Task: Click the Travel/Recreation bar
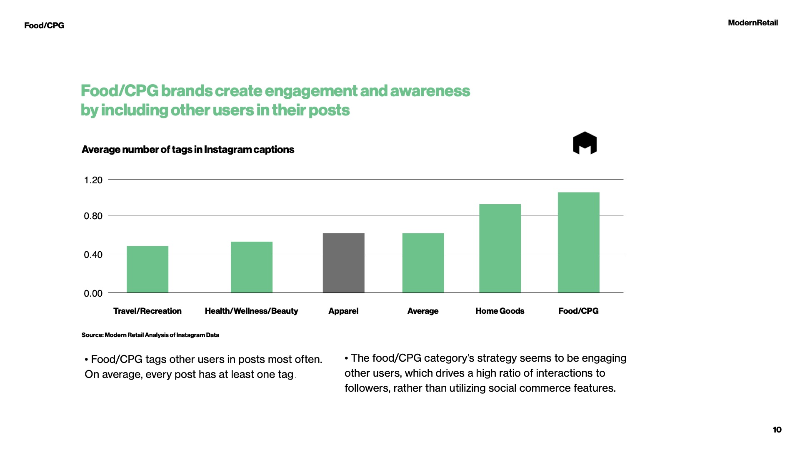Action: coord(147,269)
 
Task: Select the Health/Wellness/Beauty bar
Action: coord(252,267)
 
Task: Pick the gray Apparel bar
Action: coord(343,263)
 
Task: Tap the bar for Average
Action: coord(423,263)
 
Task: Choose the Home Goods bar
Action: coord(500,248)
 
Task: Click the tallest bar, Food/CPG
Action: coord(578,242)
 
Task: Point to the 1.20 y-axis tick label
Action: coord(93,180)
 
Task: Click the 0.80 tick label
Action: coord(93,216)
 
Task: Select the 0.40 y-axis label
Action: coord(93,255)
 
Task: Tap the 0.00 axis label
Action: coord(93,293)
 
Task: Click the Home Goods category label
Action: coord(500,311)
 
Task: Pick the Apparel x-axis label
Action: coord(343,311)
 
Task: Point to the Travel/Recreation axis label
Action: coord(147,311)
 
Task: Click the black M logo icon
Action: coord(585,143)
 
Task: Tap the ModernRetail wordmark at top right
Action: coord(752,23)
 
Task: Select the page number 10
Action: coord(777,430)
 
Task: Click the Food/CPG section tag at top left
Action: coord(44,25)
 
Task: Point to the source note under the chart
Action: coord(150,335)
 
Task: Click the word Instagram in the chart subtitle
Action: coord(228,150)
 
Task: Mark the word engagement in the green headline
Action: coord(311,91)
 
